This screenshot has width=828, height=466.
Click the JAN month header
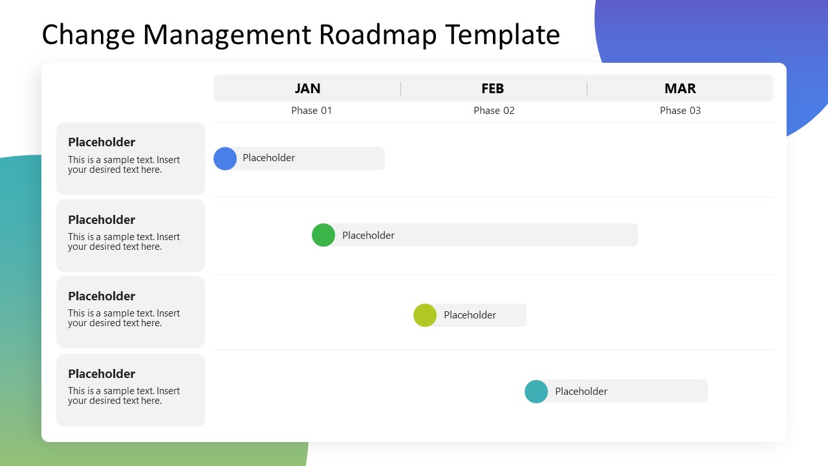click(307, 89)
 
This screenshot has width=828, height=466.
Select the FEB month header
click(492, 89)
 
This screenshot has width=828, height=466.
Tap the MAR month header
click(680, 89)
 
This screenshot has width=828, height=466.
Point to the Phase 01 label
click(311, 111)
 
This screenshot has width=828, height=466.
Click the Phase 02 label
click(494, 111)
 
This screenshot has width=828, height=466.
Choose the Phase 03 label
click(680, 111)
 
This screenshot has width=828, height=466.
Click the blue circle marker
click(225, 159)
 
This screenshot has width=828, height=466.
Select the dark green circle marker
click(323, 235)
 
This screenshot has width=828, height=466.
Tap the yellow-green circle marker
click(425, 315)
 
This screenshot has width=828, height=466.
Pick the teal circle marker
click(536, 392)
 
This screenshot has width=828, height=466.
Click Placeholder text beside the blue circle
click(268, 158)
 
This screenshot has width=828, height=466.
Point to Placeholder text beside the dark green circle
click(368, 236)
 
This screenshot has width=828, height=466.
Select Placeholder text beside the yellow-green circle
click(470, 315)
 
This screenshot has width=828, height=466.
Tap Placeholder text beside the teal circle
click(581, 392)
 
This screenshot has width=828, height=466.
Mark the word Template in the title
click(502, 35)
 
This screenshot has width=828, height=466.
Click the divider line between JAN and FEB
click(400, 89)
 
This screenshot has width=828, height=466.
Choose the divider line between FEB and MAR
click(587, 89)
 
